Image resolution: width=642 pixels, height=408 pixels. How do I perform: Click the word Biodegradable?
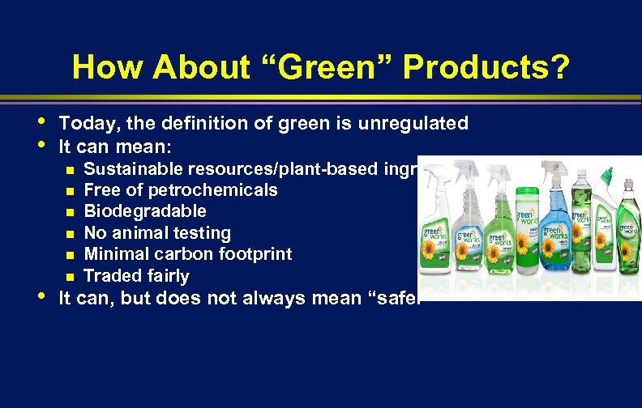coord(145,211)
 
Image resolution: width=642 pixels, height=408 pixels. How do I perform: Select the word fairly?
coord(165,276)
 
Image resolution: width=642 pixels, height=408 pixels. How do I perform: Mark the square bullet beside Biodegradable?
coord(71,212)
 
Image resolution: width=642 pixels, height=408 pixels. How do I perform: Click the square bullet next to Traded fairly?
coord(71,277)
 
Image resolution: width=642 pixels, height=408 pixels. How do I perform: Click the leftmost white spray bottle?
coord(438,235)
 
